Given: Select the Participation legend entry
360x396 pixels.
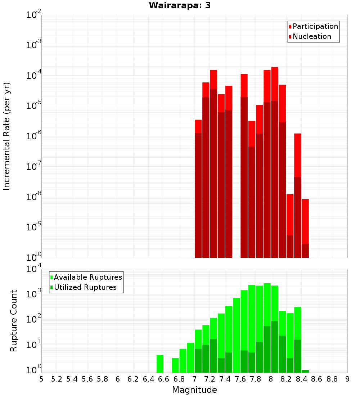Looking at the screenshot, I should tap(315, 27).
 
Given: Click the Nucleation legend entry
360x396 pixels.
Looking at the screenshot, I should tap(312, 37).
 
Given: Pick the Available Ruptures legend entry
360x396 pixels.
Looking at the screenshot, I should tap(88, 278).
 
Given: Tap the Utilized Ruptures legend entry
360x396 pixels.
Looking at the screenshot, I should tap(85, 288).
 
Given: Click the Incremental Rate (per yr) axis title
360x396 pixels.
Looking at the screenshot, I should tap(7, 136).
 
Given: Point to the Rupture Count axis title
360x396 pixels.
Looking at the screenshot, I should tap(14, 321).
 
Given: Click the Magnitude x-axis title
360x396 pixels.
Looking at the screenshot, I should tap(194, 390).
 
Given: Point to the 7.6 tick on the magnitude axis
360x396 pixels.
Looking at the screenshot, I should tap(240, 379).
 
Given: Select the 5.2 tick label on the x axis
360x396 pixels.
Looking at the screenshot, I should tap(57, 379).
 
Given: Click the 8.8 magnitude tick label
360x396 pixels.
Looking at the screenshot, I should tap(332, 379).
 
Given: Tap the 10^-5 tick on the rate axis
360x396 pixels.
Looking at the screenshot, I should tap(33, 106).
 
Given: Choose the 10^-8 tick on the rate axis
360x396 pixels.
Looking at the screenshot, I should tap(33, 197).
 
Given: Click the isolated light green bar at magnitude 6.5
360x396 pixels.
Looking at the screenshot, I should tap(160, 364).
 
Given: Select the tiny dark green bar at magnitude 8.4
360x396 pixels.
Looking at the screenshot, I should tap(305, 371).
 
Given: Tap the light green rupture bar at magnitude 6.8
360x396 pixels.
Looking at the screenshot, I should tap(183, 360).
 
